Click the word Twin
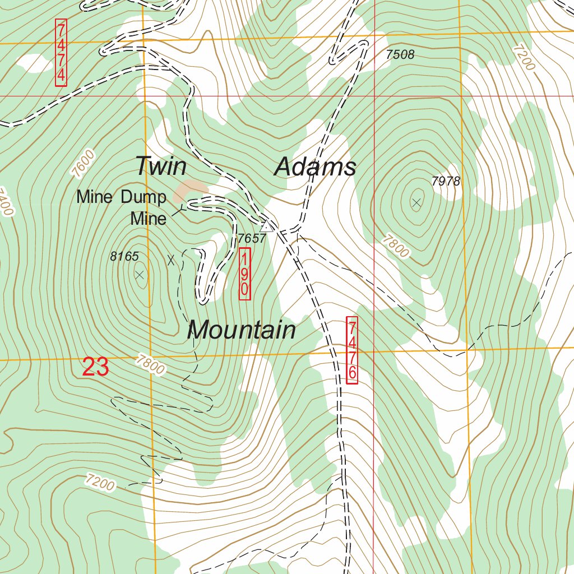pyautogui.click(x=161, y=166)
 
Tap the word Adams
pyautogui.click(x=316, y=167)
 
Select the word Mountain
pyautogui.click(x=241, y=330)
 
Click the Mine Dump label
pyautogui.click(x=122, y=197)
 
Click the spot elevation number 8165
pyautogui.click(x=124, y=256)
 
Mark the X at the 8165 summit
pyautogui.click(x=140, y=274)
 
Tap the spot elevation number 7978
pyautogui.click(x=446, y=181)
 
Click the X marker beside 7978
pyautogui.click(x=416, y=202)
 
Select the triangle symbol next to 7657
pyautogui.click(x=268, y=226)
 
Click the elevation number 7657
pyautogui.click(x=251, y=238)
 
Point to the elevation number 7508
pyautogui.click(x=400, y=54)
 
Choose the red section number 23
pyautogui.click(x=95, y=367)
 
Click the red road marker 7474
pyautogui.click(x=61, y=53)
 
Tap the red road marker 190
pyautogui.click(x=244, y=275)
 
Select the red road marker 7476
pyautogui.click(x=352, y=350)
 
